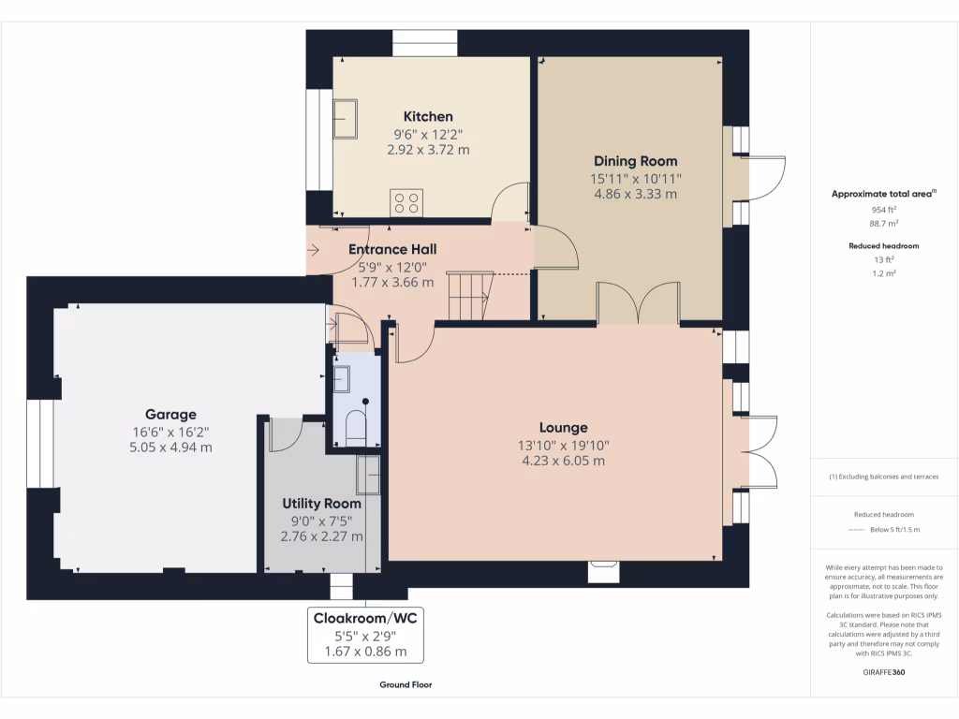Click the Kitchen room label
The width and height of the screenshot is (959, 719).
428,117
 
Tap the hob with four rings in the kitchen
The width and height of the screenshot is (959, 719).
407,203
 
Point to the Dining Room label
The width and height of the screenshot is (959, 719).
636,161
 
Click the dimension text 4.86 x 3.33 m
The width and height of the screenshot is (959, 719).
636,195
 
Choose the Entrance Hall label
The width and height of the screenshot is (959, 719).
392,250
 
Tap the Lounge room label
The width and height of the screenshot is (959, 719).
563,428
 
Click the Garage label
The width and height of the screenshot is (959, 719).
170,415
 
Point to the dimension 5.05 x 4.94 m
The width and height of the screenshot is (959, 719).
170,448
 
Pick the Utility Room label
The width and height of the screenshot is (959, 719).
322,504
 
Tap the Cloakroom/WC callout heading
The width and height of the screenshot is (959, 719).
366,618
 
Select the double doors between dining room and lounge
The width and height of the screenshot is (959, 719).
638,304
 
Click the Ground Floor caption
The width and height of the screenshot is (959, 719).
406,685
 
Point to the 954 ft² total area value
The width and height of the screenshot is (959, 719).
884,211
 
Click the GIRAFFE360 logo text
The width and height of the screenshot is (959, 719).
884,672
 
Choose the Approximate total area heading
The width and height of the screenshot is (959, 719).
883,194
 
